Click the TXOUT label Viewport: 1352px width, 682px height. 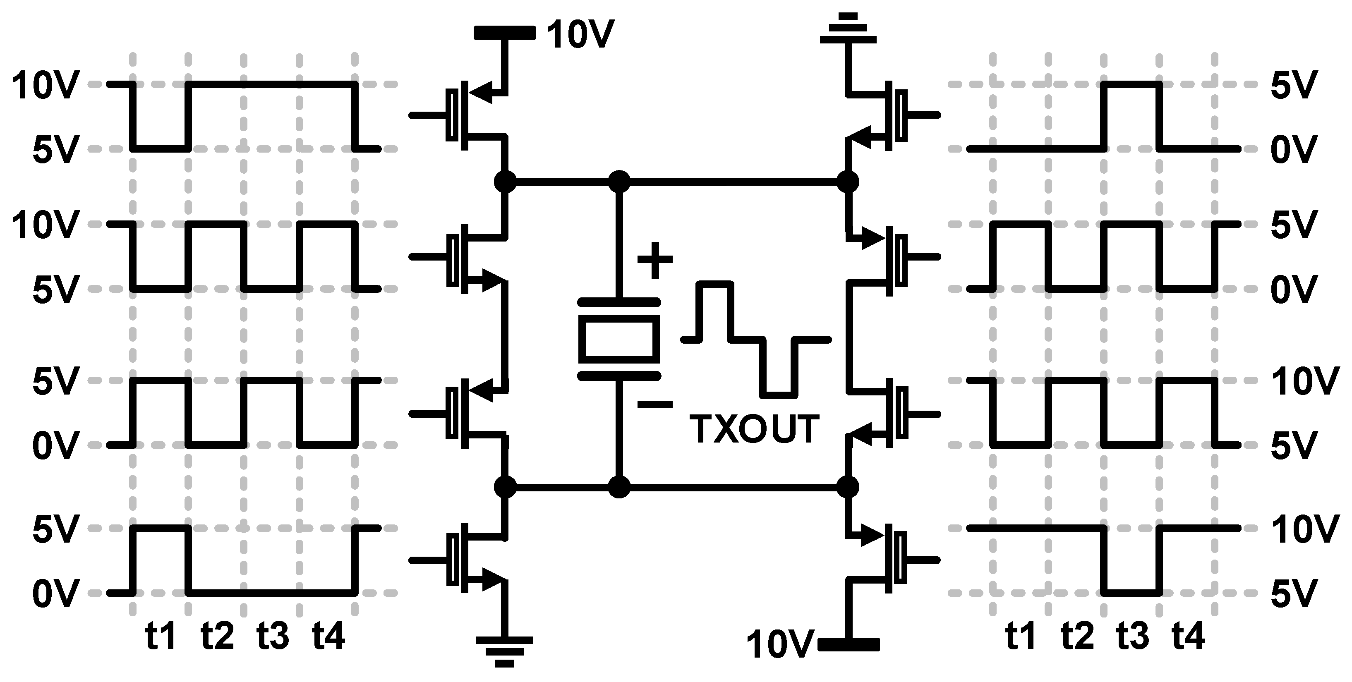coord(754,429)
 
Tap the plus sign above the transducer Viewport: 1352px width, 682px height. coord(654,260)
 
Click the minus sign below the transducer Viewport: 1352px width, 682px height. coord(654,404)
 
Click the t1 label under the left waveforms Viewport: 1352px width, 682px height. coord(160,635)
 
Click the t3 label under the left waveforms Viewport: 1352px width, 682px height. coord(272,635)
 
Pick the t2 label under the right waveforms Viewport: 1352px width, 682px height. coord(1077,635)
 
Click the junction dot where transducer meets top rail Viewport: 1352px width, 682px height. coord(619,182)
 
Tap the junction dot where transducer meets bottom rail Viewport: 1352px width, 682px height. coord(619,487)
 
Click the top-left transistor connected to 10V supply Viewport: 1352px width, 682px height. coord(467,115)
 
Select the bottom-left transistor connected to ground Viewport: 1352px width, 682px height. coord(467,560)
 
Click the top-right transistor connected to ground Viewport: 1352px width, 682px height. coord(887,115)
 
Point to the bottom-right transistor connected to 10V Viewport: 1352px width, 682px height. coord(887,560)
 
